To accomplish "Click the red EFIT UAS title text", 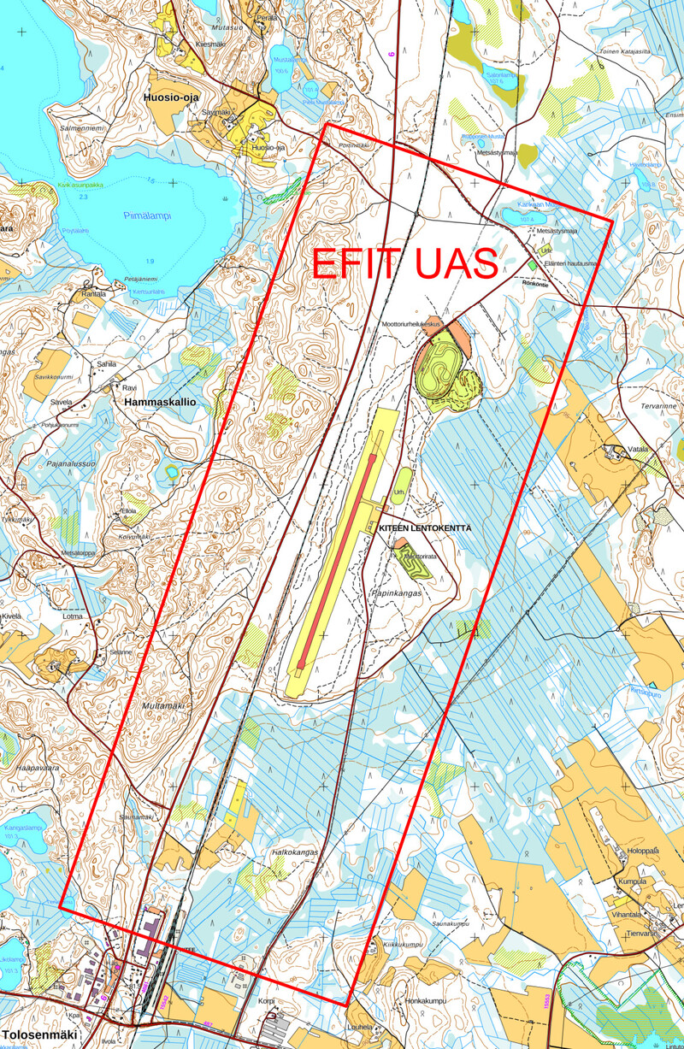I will [x=405, y=264].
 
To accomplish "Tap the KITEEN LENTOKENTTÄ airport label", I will [x=425, y=529].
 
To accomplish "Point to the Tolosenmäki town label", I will [x=38, y=1011].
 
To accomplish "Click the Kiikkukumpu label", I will [x=403, y=944].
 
